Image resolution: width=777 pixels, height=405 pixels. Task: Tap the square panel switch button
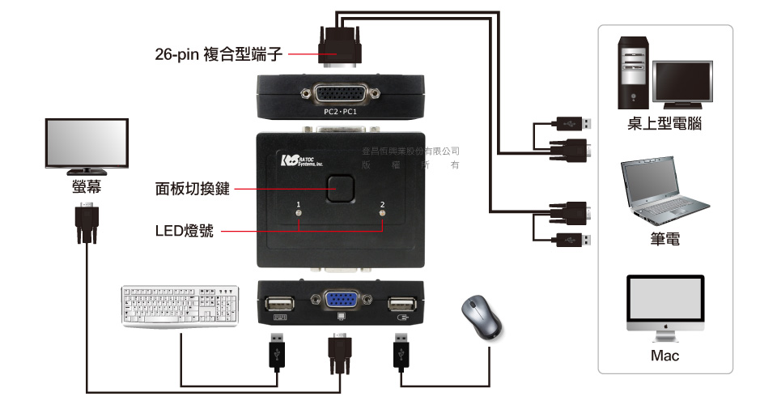pyautogui.click(x=341, y=190)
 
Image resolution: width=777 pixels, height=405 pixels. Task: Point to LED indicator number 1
pyautogui.click(x=299, y=215)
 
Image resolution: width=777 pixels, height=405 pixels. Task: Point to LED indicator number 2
pyautogui.click(x=382, y=215)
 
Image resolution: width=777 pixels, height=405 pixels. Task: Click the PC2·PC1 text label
pyautogui.click(x=340, y=111)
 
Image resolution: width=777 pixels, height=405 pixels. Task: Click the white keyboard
pyautogui.click(x=180, y=305)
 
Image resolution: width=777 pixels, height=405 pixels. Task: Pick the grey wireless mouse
pyautogui.click(x=482, y=316)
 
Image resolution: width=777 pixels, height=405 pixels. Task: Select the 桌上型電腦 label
pyautogui.click(x=664, y=124)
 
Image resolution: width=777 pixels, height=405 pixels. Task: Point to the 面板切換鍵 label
pyautogui.click(x=193, y=190)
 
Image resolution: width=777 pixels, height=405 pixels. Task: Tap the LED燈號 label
pyautogui.click(x=185, y=231)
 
